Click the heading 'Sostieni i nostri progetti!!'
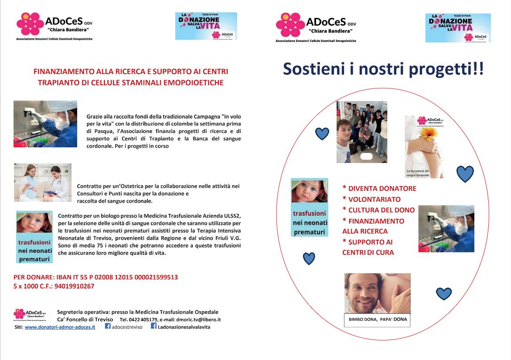383,69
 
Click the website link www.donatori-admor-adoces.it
60,327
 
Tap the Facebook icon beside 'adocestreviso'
108,326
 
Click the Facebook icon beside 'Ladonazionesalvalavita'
153,326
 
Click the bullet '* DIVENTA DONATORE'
379,189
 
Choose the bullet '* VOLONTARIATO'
371,199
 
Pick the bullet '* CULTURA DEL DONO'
378,210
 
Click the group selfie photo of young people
362,132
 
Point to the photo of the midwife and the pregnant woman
43,182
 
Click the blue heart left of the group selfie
322,133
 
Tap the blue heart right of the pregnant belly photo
465,174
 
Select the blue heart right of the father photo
444,294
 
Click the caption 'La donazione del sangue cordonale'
418,173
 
